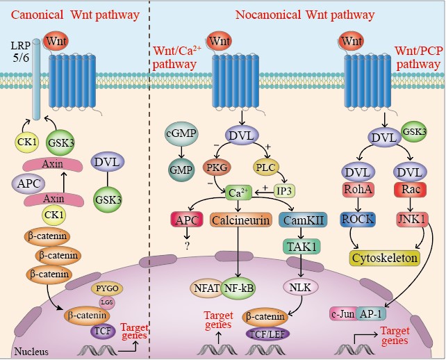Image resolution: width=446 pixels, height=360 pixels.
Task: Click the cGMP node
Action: tap(181, 135)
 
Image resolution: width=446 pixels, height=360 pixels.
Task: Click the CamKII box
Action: tap(299, 220)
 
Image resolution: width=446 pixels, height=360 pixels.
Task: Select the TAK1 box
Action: tap(299, 245)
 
